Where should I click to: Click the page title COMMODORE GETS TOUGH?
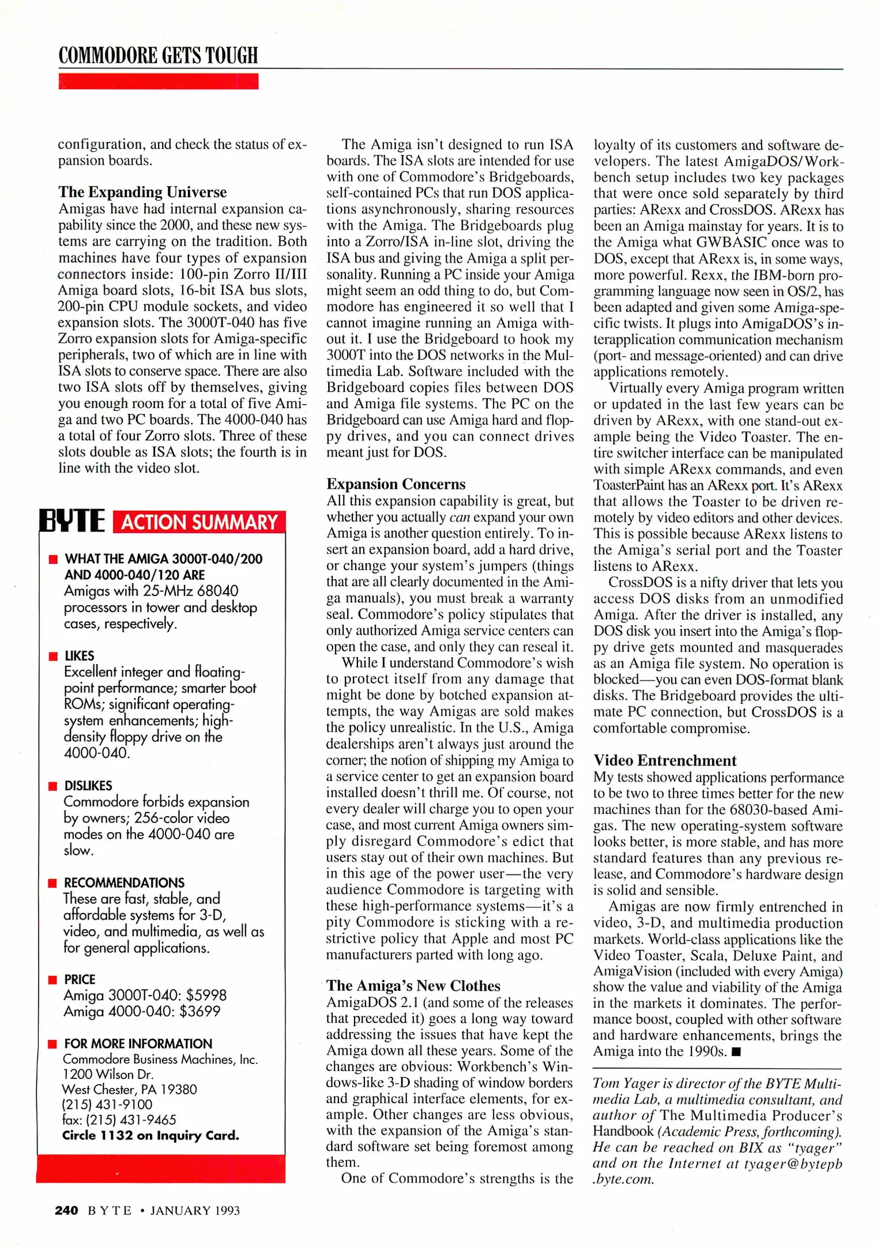(x=158, y=55)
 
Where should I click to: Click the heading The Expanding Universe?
(x=142, y=192)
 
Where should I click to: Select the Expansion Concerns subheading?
(x=396, y=484)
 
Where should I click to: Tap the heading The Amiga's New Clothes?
(x=413, y=986)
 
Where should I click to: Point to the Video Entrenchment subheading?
(x=665, y=760)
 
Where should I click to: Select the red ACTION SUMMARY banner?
(x=199, y=522)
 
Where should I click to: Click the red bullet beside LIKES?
(x=54, y=656)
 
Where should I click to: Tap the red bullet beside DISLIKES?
(x=54, y=786)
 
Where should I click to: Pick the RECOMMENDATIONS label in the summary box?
(x=124, y=882)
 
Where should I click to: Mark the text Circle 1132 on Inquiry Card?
(x=150, y=1135)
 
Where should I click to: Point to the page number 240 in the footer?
(x=66, y=1210)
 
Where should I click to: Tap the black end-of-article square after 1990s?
(x=736, y=1051)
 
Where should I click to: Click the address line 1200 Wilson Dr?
(x=108, y=1074)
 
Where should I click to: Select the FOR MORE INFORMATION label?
(x=138, y=1043)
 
